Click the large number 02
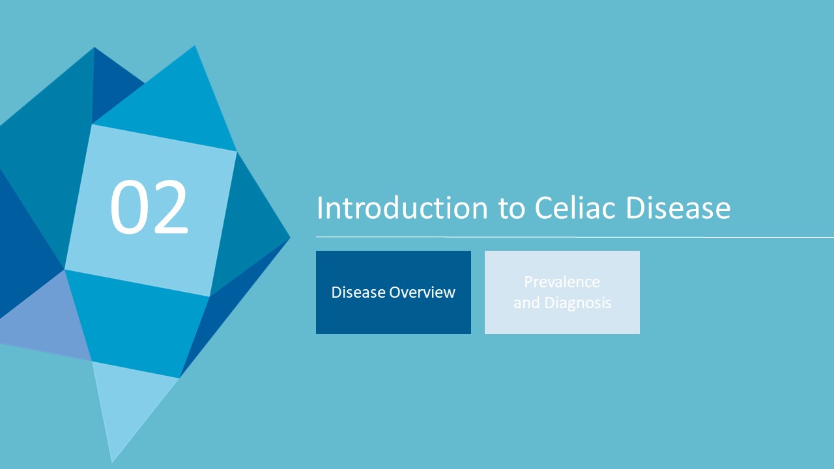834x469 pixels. (149, 207)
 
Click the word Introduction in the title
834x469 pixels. (402, 207)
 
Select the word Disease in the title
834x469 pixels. (678, 207)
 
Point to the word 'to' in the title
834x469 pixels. (511, 208)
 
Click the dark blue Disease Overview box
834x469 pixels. (394, 292)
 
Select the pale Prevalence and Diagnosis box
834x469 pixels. (562, 292)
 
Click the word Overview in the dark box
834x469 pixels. (422, 292)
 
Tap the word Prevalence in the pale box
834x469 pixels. (562, 282)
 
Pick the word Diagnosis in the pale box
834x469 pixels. (578, 303)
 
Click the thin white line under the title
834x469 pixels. (575, 236)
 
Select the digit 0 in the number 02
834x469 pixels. (128, 207)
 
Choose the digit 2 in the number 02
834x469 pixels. (170, 206)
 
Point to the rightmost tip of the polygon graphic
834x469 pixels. (290, 236)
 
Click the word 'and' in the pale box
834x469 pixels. (527, 303)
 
